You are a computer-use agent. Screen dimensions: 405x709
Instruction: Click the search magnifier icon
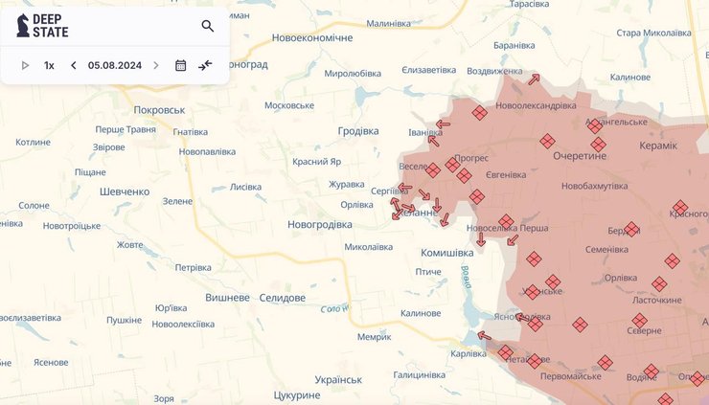coord(208,26)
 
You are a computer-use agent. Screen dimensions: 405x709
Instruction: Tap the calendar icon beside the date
coord(180,65)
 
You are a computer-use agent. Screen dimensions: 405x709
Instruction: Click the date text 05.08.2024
coord(115,65)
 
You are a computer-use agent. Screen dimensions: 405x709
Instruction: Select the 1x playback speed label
coord(49,65)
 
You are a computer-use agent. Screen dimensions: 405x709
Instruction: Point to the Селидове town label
coord(282,298)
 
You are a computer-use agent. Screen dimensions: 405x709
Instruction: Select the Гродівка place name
coord(359,131)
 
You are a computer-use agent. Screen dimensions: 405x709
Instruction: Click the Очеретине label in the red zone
coord(581,155)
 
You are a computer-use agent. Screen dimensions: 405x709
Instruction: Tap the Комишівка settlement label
coord(446,253)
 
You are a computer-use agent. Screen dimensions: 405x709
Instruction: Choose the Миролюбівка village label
coord(353,73)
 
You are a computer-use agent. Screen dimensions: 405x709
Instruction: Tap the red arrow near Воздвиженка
coord(534,79)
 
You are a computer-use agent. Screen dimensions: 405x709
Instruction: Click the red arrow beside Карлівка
coord(484,336)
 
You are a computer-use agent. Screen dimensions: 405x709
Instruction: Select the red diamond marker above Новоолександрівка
coord(479,113)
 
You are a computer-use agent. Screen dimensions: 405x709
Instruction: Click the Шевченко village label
coord(125,191)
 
